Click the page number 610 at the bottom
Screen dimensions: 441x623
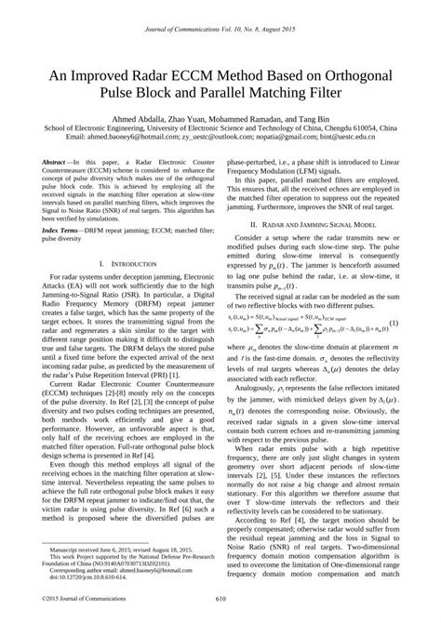click(220, 600)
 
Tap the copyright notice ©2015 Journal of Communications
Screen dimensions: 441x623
click(81, 600)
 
